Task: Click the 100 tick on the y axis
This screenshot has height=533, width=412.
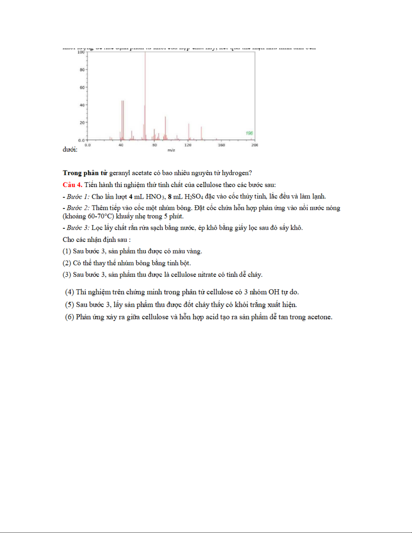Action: (x=81, y=52)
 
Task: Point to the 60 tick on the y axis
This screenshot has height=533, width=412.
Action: (x=82, y=87)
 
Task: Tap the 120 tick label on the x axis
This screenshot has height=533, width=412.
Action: (x=188, y=145)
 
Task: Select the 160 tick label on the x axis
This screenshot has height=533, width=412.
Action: (x=221, y=145)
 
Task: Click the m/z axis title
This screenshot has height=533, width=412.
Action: (x=171, y=150)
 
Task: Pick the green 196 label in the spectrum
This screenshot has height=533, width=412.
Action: (x=249, y=133)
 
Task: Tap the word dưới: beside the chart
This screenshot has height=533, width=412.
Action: (x=70, y=150)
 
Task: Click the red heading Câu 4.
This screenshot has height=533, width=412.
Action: (x=72, y=185)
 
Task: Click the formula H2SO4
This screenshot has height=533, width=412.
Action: (x=194, y=197)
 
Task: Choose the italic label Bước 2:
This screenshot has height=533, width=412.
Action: (x=78, y=208)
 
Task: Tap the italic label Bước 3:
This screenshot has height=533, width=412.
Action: (x=78, y=228)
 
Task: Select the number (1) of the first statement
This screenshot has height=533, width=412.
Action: (x=67, y=251)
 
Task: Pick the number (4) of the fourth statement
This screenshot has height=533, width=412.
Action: (x=70, y=292)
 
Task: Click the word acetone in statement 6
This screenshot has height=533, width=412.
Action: (x=319, y=317)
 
